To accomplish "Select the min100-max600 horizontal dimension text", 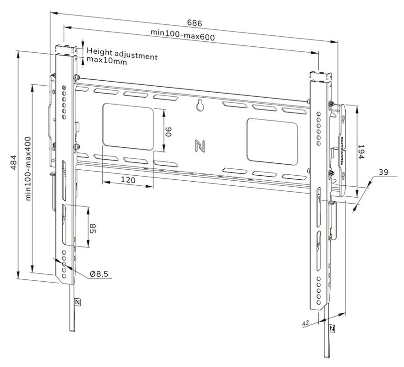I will (x=183, y=35).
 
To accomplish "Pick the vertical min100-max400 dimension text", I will (x=28, y=168).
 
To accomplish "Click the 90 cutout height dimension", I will (x=169, y=131).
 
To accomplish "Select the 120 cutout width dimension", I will (x=128, y=180).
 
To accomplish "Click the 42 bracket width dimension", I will (x=304, y=323).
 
